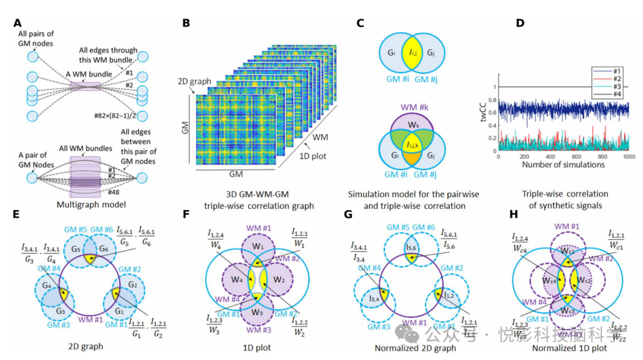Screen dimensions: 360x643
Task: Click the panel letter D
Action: tap(520, 24)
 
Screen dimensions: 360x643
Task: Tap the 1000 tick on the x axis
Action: tap(627, 156)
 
